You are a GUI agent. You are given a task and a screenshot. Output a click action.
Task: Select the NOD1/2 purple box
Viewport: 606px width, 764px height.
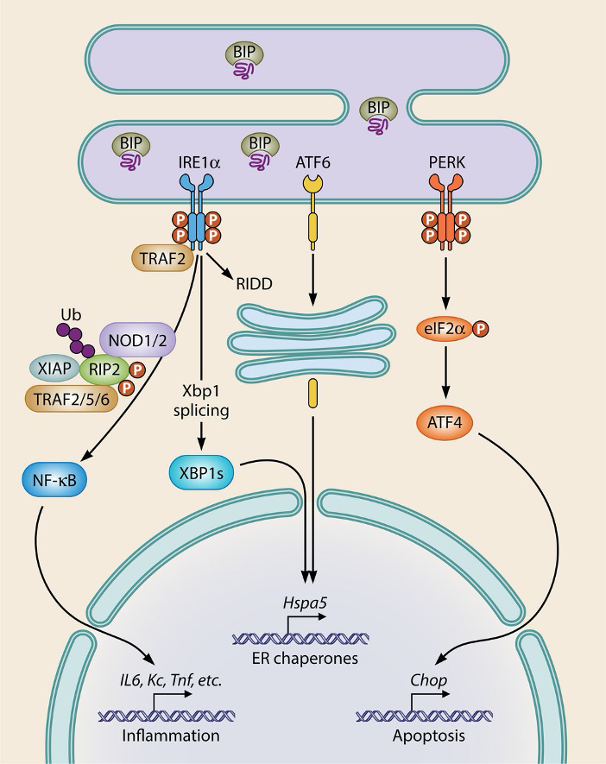click(139, 333)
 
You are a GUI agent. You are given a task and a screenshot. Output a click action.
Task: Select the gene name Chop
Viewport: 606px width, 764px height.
click(428, 681)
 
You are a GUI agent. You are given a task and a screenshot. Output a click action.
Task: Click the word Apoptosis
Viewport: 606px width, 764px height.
click(429, 736)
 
